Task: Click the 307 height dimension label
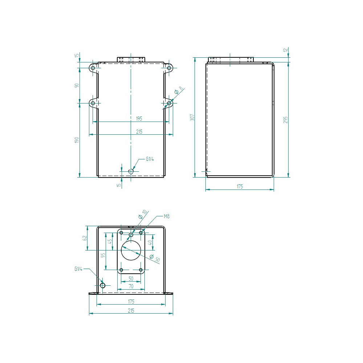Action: pyautogui.click(x=192, y=117)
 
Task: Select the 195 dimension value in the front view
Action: pyautogui.click(x=139, y=119)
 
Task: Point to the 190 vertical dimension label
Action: pyautogui.click(x=77, y=140)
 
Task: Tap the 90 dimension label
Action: pyautogui.click(x=77, y=85)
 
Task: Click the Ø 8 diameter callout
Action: pyautogui.click(x=178, y=90)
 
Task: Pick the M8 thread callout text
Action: pyautogui.click(x=167, y=216)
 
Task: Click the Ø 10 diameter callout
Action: pyautogui.click(x=143, y=215)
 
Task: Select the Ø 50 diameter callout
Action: pyautogui.click(x=155, y=258)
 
